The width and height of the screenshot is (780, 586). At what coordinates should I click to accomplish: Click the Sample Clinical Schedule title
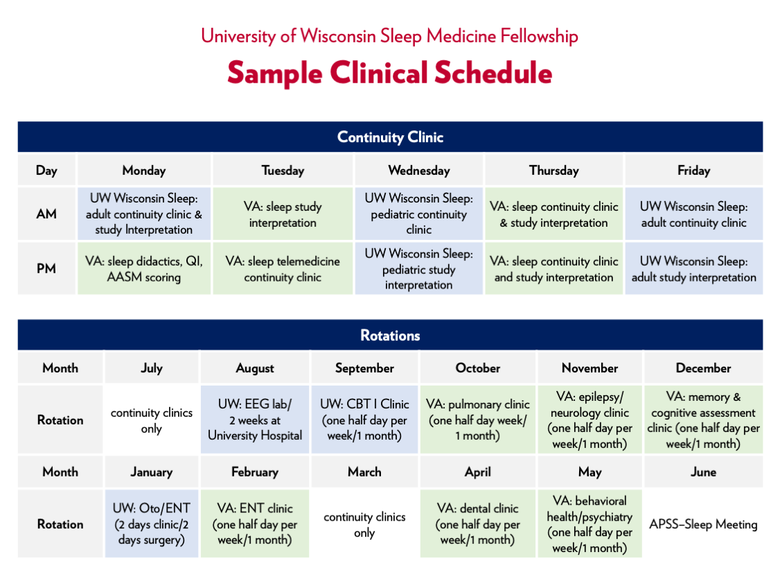(389, 73)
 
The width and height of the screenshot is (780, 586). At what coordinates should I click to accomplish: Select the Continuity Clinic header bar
(390, 137)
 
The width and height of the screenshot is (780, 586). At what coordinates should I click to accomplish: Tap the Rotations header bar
(390, 336)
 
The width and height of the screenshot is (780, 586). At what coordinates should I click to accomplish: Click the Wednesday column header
(418, 170)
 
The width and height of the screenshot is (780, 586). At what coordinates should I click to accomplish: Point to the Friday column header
(693, 170)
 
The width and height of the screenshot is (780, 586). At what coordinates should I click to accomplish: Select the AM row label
(46, 214)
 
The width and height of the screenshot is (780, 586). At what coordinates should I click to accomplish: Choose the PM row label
(46, 269)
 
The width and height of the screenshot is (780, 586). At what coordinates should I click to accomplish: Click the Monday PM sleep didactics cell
(143, 269)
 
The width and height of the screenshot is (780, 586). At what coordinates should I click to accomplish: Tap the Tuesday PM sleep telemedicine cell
(283, 269)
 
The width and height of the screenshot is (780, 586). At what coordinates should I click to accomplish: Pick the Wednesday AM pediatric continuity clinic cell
(418, 214)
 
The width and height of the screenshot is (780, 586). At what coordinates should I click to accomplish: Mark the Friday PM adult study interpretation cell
(693, 269)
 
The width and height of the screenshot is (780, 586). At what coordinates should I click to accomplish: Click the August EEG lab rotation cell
(255, 420)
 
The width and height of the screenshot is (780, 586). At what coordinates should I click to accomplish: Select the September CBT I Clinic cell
(364, 420)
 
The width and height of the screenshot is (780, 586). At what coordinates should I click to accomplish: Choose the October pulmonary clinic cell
(478, 420)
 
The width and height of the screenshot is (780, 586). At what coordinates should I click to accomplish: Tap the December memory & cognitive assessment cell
(703, 420)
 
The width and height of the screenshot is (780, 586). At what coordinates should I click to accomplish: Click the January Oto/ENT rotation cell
(152, 524)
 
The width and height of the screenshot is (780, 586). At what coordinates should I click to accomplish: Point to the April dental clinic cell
(478, 524)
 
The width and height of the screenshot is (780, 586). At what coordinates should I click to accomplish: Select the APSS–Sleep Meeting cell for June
(703, 524)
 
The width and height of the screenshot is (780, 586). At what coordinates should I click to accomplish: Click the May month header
(590, 472)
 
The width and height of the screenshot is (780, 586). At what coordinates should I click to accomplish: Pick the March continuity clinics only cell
(364, 524)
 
